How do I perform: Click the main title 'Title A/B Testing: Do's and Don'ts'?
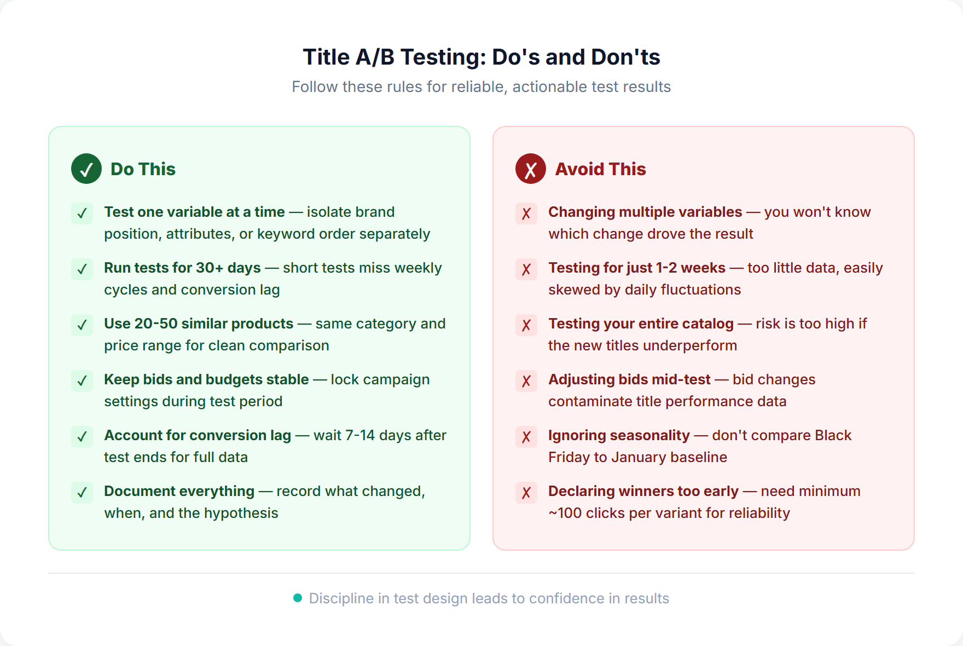coord(481,57)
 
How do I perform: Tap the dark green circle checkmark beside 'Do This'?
coord(86,169)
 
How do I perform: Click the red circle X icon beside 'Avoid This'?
coord(530,169)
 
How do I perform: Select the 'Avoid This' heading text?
coord(600,169)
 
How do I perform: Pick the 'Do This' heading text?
coord(143,169)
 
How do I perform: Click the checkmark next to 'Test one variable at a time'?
coord(82,213)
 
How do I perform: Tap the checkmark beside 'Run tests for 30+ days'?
coord(82,269)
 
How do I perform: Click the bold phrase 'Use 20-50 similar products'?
coord(199,324)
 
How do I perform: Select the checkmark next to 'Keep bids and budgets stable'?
coord(82,380)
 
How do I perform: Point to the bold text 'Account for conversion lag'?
coord(198,435)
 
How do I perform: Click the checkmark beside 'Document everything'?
coord(82,492)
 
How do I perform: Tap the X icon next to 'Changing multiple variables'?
coord(526,213)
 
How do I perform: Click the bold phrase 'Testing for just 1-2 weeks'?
coord(637,268)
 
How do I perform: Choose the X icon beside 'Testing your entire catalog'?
coord(526,325)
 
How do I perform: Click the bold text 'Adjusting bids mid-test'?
coord(629,379)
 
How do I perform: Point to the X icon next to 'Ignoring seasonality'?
coord(526,436)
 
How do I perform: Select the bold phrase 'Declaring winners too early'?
coord(643,491)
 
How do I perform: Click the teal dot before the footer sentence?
coord(298,598)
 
